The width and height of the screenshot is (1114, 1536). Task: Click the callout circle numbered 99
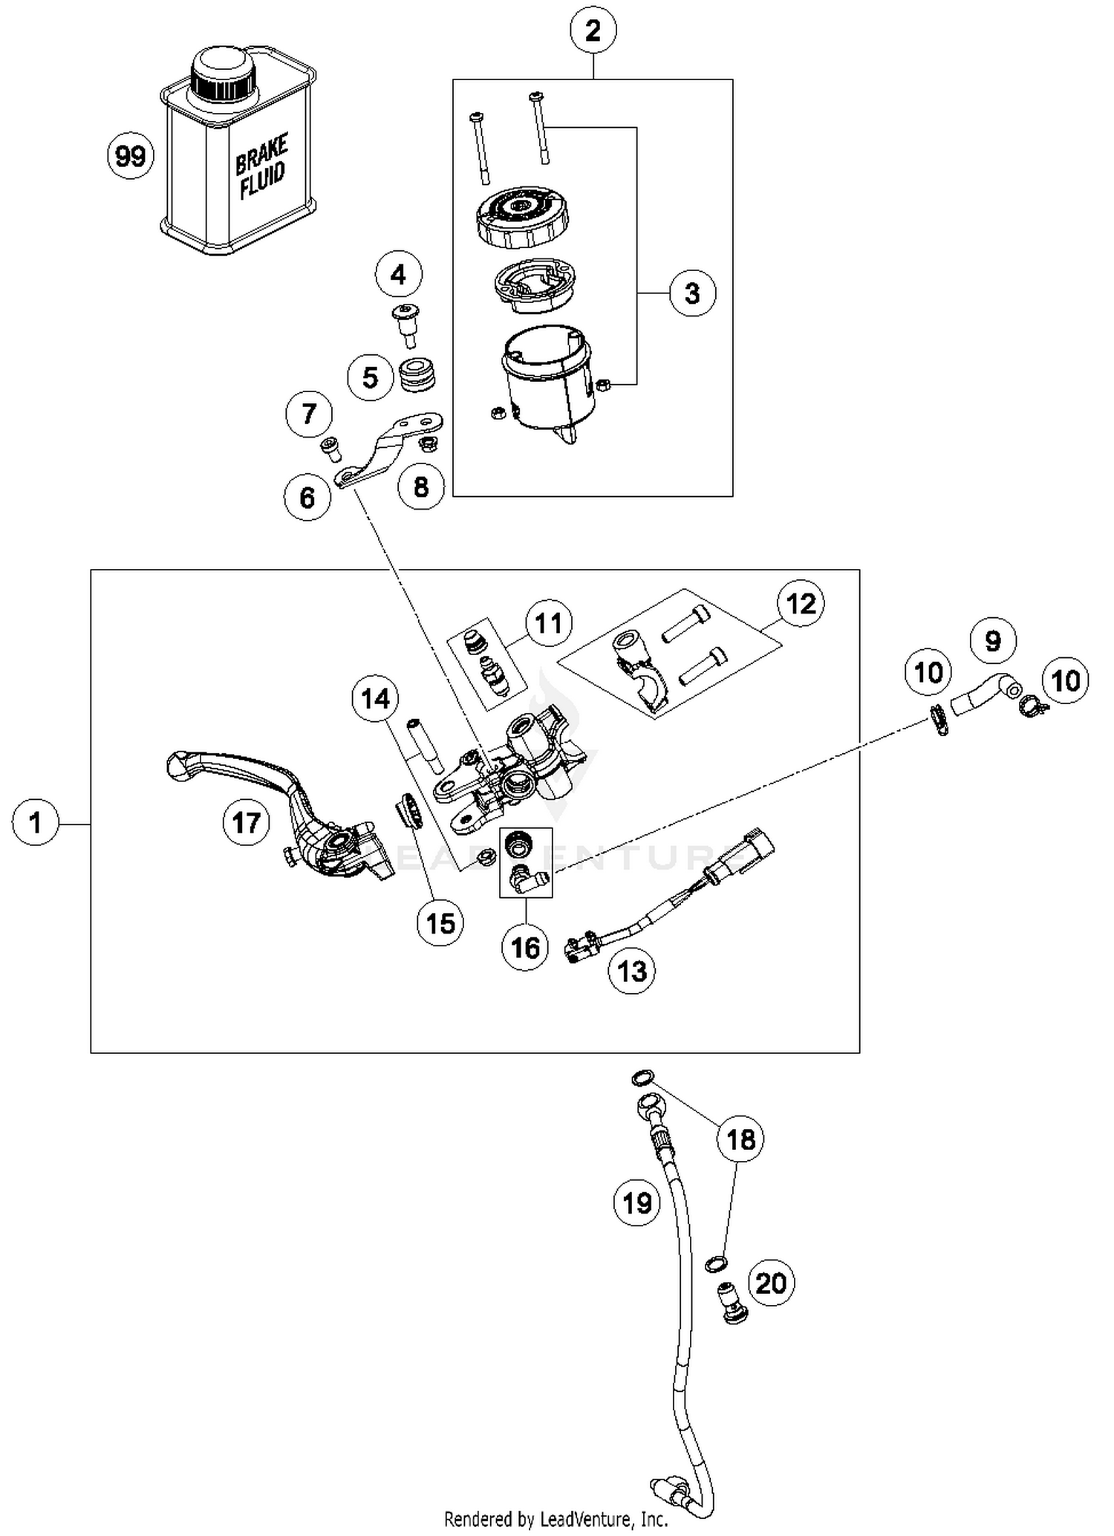(131, 157)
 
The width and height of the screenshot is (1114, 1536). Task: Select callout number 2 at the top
(593, 31)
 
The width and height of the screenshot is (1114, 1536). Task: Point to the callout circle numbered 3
(692, 293)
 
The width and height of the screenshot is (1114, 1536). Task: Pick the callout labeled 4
(398, 276)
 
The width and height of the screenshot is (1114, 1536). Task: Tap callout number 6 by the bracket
(307, 497)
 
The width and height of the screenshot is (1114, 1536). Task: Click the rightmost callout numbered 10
(1066, 680)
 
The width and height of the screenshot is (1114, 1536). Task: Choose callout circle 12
(801, 604)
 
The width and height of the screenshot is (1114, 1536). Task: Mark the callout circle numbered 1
(36, 822)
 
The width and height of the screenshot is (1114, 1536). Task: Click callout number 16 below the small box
(526, 947)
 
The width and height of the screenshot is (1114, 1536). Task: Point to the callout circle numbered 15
(440, 922)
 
